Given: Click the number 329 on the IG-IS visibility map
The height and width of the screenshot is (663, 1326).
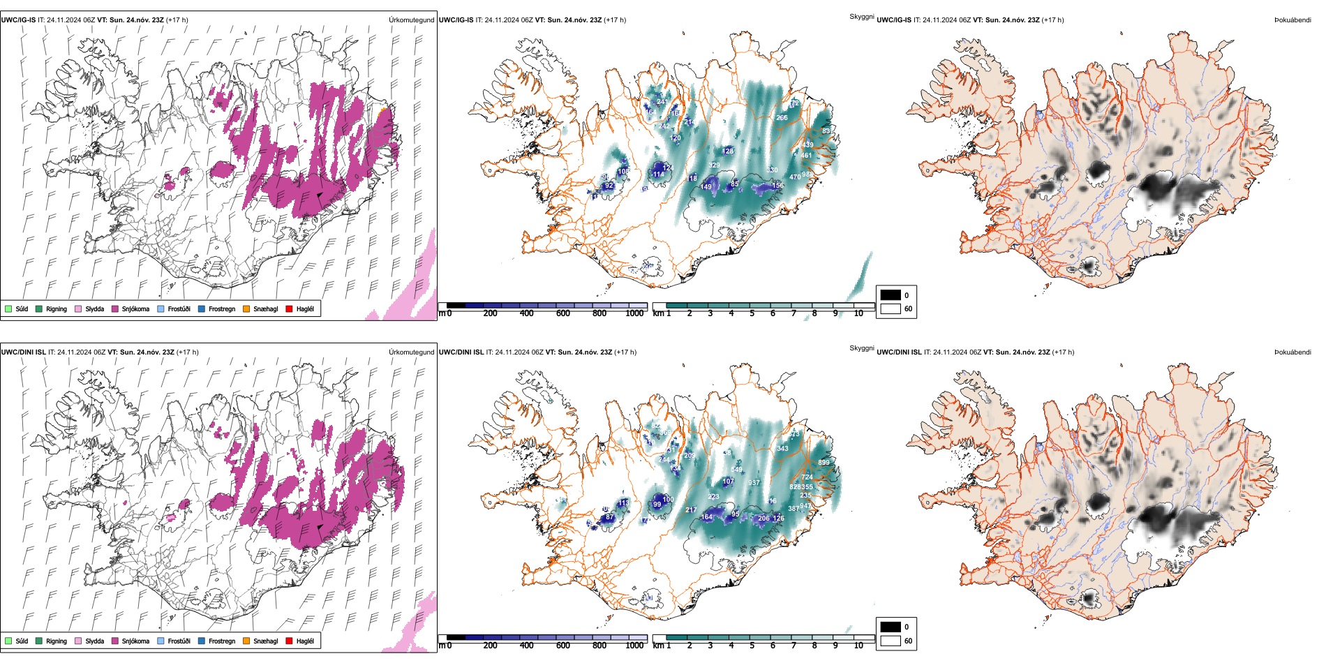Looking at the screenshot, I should (714, 165).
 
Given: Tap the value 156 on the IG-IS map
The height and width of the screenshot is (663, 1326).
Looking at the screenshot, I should (778, 186).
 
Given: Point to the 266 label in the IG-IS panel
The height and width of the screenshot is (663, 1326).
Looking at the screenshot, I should (782, 118).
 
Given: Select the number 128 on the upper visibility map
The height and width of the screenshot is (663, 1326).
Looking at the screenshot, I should (728, 151).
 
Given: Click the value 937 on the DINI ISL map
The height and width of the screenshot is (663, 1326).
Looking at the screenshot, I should (754, 483).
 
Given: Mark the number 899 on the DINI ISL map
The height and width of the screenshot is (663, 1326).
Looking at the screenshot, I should (824, 463).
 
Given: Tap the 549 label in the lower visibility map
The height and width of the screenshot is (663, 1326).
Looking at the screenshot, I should (736, 470).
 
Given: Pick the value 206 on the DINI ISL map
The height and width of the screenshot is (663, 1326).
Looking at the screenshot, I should (763, 518).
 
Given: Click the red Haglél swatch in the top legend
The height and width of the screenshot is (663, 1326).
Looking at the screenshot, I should (290, 308).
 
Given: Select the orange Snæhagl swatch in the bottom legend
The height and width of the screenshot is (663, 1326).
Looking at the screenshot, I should (246, 641).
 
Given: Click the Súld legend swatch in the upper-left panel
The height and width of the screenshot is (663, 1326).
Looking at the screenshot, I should (8, 308).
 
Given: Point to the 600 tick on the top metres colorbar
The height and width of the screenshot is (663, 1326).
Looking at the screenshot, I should (563, 313).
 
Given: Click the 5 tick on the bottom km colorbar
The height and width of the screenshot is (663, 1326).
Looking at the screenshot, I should (752, 646).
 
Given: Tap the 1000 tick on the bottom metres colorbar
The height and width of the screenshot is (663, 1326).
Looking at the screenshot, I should (634, 646).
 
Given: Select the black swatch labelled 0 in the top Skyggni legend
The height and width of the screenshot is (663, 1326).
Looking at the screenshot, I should (890, 295).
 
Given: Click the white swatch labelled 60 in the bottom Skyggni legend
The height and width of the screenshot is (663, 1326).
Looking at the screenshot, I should (890, 641).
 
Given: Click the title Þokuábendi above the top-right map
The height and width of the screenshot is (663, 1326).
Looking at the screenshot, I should (1293, 20).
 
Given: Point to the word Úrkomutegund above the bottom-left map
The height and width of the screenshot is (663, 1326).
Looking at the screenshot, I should (411, 352).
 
